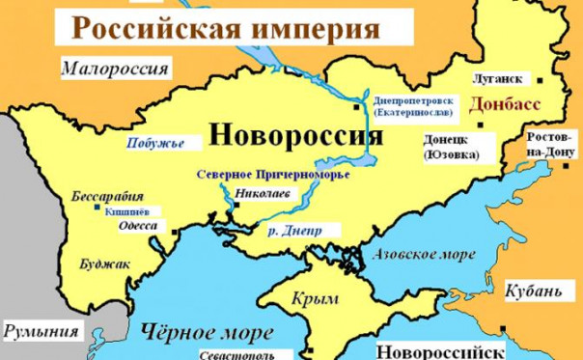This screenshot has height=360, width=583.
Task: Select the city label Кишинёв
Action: [x=121, y=208]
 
